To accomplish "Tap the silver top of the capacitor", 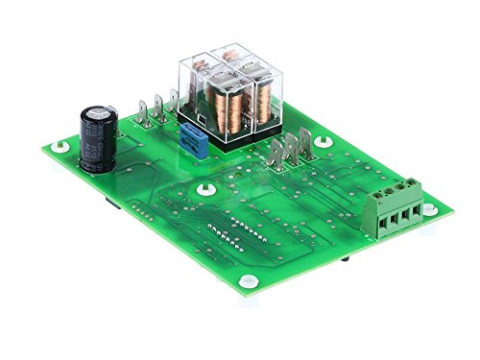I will coord(100,113).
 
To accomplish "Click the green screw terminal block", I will coord(398,216).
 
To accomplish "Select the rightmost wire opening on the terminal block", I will coord(418,212).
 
